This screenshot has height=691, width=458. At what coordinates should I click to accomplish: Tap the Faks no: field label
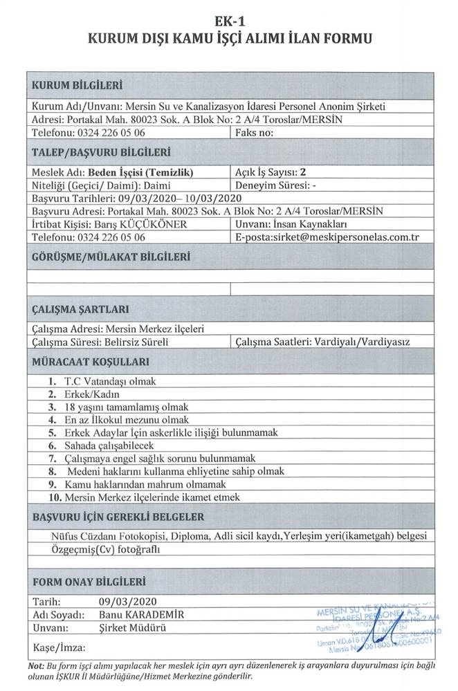click(x=257, y=131)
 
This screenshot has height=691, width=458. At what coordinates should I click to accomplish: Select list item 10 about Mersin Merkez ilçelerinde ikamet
click(x=142, y=496)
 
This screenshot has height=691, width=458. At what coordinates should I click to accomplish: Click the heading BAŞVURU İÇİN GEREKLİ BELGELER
click(x=118, y=517)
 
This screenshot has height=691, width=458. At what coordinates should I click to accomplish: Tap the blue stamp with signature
click(x=377, y=627)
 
